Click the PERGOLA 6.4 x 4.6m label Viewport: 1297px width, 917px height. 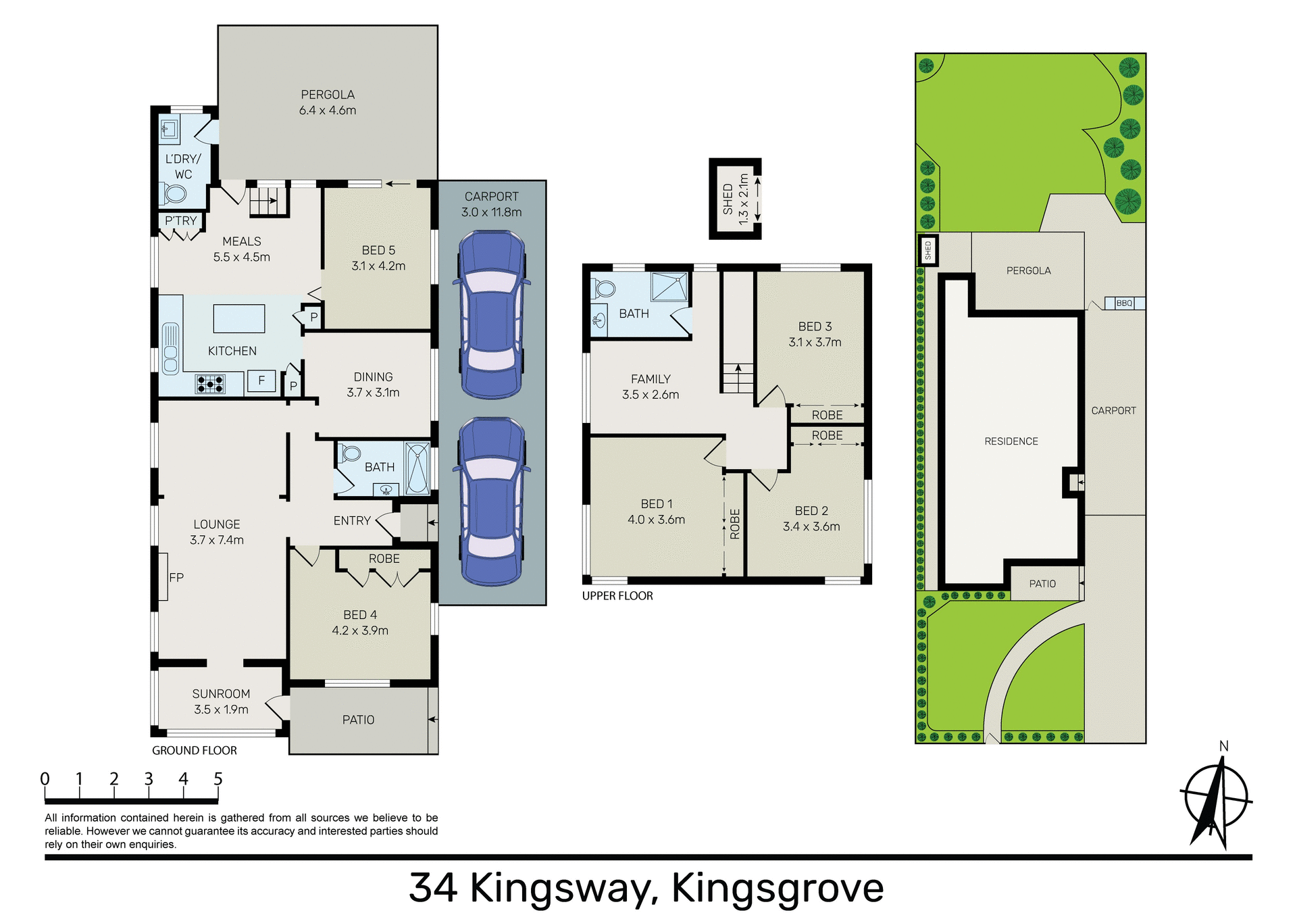328,103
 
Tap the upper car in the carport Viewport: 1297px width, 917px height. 492,315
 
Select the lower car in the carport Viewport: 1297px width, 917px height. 492,501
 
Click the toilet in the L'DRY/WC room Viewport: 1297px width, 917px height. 174,195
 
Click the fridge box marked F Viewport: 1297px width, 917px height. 261,380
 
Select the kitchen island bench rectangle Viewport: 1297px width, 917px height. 239,319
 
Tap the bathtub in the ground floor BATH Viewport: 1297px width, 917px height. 417,468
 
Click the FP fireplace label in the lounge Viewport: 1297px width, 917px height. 176,578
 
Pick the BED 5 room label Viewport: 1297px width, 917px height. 378,251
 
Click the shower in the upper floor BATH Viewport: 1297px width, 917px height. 669,287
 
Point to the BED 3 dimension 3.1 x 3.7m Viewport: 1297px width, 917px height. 815,343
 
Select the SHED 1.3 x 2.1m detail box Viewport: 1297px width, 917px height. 735,199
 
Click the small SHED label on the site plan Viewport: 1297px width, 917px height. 928,250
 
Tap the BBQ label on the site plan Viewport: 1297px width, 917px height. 1124,303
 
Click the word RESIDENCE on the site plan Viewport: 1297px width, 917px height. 1011,441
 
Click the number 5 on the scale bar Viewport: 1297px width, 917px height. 218,779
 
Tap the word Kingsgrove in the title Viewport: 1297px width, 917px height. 777,888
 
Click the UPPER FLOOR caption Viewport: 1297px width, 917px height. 617,596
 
